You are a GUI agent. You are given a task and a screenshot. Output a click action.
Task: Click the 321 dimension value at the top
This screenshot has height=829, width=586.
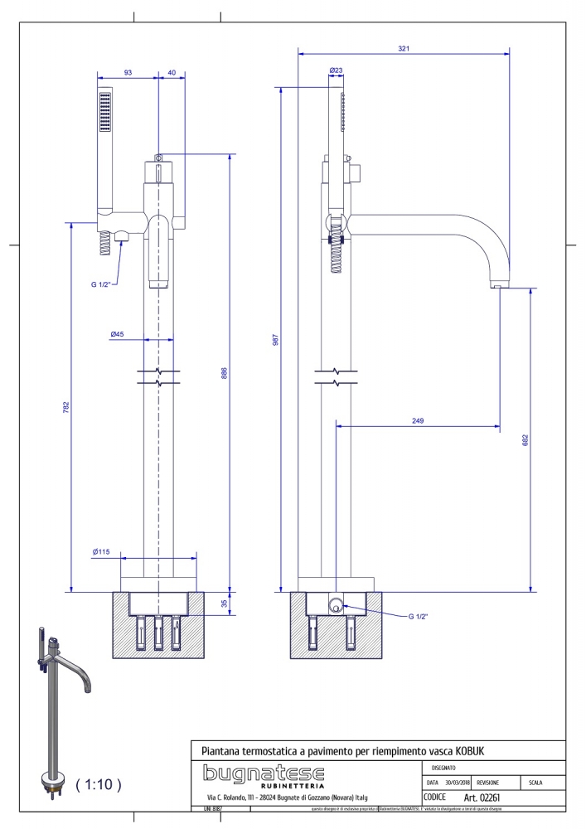[404, 49]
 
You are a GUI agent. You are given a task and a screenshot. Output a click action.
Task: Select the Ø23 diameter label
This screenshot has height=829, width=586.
[337, 71]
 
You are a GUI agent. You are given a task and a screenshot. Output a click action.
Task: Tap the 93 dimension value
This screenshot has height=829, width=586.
[128, 73]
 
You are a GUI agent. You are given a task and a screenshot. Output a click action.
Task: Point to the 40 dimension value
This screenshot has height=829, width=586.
[172, 73]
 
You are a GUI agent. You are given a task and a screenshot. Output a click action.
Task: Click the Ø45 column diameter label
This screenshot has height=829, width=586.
[117, 334]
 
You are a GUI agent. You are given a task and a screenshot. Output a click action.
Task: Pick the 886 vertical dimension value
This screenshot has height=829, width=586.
[224, 374]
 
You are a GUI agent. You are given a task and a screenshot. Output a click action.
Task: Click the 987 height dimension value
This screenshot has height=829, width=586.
[276, 340]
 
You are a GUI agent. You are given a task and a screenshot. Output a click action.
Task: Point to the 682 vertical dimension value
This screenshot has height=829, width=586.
[525, 439]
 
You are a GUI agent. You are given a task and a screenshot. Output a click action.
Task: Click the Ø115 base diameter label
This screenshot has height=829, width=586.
[102, 551]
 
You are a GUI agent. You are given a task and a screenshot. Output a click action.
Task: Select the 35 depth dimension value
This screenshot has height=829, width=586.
[224, 604]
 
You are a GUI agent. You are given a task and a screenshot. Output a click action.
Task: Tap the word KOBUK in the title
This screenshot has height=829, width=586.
[469, 750]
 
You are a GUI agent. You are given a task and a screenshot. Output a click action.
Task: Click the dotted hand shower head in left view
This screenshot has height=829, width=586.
[105, 112]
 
